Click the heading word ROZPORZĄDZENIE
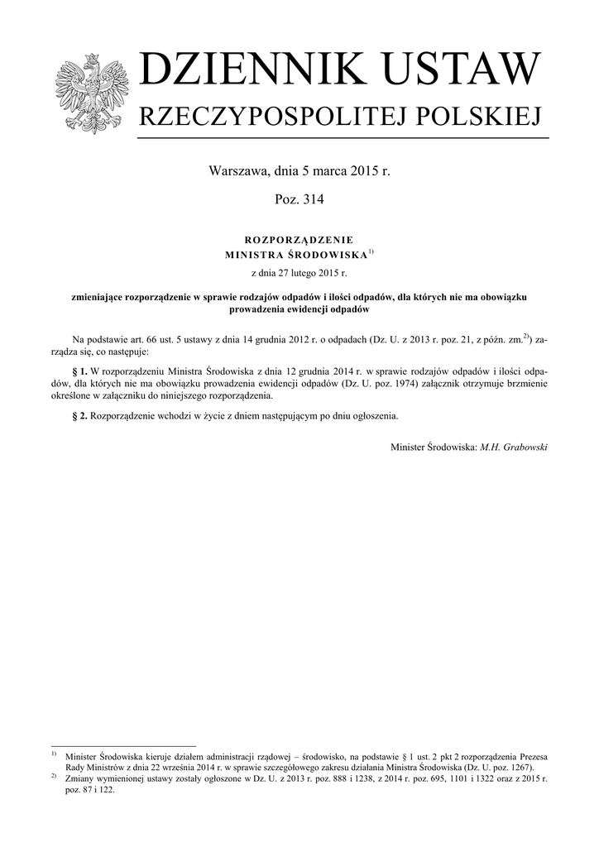pyautogui.click(x=299, y=239)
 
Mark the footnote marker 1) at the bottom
pyautogui.click(x=54, y=754)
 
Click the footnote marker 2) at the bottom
pyautogui.click(x=54, y=776)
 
